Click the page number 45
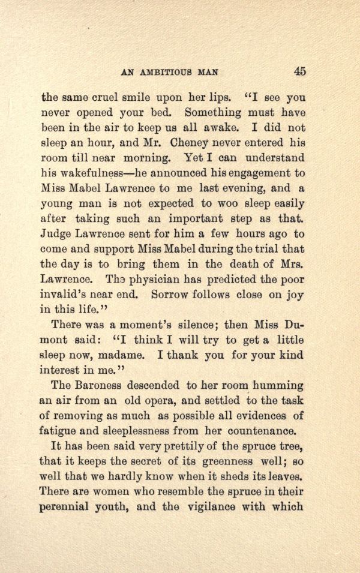click(300, 71)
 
